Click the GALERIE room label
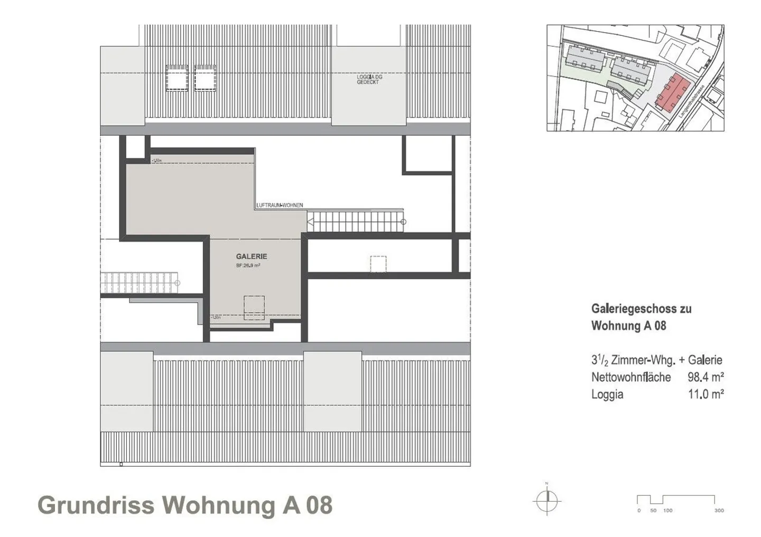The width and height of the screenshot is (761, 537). coord(252,257)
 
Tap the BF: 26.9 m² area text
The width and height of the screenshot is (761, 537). coord(248,266)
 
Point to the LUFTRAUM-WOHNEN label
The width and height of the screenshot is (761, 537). coord(280,205)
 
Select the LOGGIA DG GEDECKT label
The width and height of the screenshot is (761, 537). coord(369,80)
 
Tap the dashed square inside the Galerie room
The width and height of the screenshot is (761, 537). coord(254,307)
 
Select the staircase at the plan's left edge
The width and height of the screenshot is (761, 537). coord(138,284)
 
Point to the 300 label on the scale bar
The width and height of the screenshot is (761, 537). coord(719,511)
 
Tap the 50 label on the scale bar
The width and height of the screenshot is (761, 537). coord(653,511)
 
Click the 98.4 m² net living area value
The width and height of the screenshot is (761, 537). coord(706,377)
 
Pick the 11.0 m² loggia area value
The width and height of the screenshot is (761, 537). coord(706,394)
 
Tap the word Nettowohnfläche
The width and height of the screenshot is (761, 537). coord(631,377)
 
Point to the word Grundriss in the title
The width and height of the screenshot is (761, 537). coord(96,505)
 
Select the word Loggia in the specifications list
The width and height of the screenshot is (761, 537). coord(607,394)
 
